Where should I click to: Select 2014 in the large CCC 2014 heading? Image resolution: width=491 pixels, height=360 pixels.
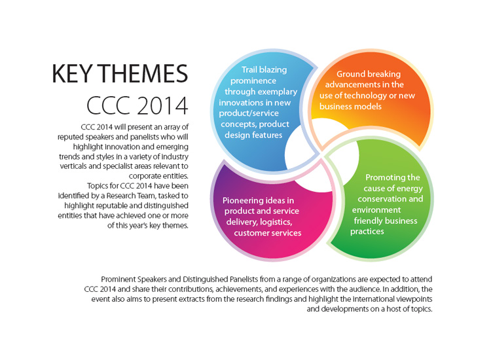[162, 106]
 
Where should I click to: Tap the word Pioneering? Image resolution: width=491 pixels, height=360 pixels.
[243, 201]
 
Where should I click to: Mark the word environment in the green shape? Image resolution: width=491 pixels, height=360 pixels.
[376, 209]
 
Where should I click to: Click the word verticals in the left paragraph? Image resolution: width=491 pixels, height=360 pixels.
[73, 166]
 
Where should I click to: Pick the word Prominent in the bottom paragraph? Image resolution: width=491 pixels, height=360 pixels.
[118, 279]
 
